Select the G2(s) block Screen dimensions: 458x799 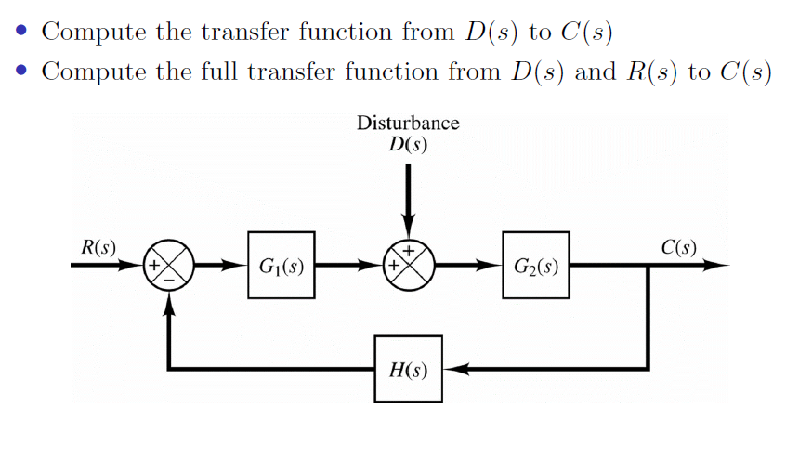(x=536, y=265)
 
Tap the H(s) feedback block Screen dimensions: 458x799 (x=407, y=369)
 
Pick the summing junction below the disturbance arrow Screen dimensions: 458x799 (x=407, y=265)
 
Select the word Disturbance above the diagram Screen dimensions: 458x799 (x=408, y=124)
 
